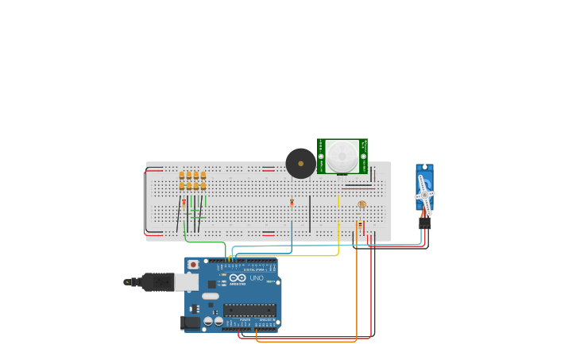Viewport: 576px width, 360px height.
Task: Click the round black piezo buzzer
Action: point(300,163)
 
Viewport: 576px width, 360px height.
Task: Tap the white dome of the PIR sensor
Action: point(342,155)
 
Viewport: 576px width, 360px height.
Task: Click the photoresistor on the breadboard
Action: point(362,204)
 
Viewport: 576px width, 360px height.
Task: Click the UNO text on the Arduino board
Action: point(257,278)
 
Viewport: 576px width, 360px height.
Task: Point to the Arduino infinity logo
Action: point(238,278)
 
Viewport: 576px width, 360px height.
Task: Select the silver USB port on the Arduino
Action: point(187,282)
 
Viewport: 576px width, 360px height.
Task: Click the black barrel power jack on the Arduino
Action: point(191,322)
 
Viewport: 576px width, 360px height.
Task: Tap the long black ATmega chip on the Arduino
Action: point(249,310)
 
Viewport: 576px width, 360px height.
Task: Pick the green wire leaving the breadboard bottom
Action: point(205,241)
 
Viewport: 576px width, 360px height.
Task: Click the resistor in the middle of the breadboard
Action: point(292,203)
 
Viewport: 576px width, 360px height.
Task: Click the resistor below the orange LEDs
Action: point(184,203)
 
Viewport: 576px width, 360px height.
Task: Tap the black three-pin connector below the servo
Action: point(425,223)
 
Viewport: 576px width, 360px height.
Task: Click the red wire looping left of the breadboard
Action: point(145,203)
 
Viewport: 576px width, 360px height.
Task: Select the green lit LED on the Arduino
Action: point(224,275)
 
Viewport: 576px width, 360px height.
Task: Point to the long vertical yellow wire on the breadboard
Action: point(338,238)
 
